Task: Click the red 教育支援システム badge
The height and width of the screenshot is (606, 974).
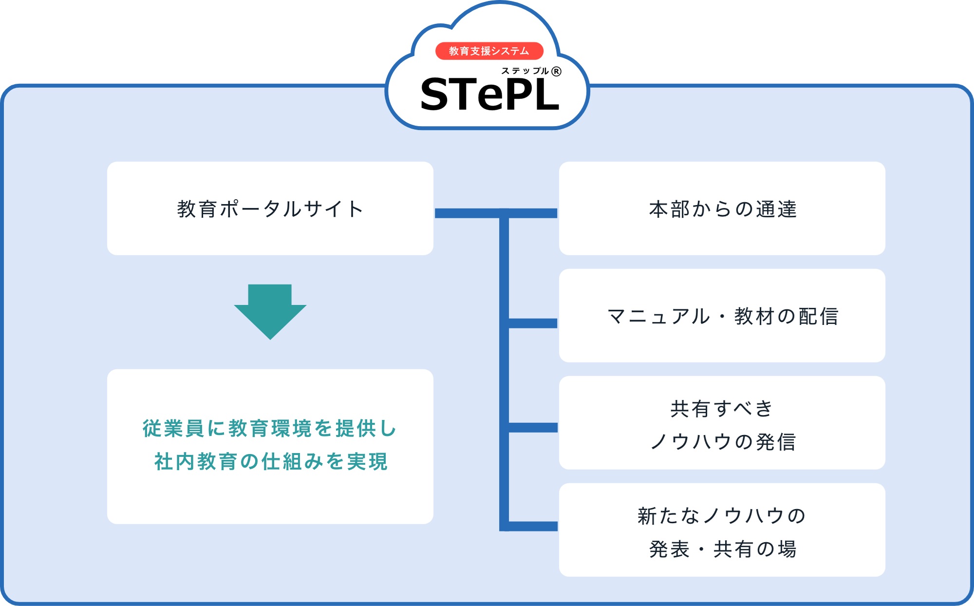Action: click(489, 51)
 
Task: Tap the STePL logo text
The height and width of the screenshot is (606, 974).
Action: click(489, 94)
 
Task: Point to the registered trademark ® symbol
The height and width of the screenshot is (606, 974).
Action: click(556, 72)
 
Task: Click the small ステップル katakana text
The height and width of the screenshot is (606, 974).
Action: click(525, 71)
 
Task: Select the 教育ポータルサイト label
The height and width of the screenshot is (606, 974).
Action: click(270, 209)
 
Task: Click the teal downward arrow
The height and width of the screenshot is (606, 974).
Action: click(270, 312)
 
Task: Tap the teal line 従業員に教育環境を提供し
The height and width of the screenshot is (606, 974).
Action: click(270, 428)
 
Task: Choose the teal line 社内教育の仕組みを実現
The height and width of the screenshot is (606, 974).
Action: click(271, 461)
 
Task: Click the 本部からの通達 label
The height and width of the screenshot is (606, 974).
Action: click(723, 209)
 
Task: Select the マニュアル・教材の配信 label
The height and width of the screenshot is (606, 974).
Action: click(723, 316)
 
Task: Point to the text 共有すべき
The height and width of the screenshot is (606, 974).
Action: click(722, 409)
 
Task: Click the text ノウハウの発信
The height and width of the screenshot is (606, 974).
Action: click(723, 442)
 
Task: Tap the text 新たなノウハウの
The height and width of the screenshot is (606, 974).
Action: click(722, 516)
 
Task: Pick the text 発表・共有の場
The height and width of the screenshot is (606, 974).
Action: click(723, 549)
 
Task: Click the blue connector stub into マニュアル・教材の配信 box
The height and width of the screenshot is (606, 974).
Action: click(533, 323)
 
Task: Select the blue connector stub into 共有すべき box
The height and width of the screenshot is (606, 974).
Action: click(533, 428)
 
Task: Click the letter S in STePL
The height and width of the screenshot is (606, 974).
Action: click(434, 94)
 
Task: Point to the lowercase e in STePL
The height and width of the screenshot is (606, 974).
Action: click(491, 98)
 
